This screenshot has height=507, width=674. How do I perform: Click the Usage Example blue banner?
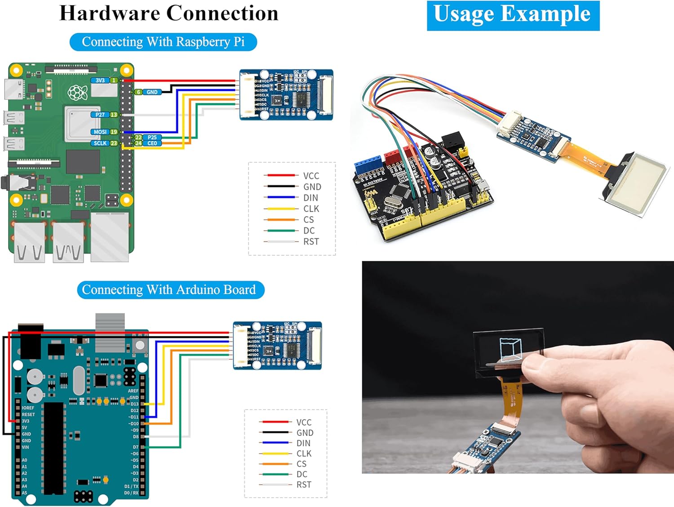coord(513,15)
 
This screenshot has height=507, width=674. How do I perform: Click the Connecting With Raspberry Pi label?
coord(163,42)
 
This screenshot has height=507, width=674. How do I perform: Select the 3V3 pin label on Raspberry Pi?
coord(100,80)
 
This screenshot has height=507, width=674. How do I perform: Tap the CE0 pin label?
coord(152,143)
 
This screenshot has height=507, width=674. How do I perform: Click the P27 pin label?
coord(100,115)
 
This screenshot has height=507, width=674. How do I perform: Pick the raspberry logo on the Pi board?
coord(77,93)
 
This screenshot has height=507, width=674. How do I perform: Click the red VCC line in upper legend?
coord(281,175)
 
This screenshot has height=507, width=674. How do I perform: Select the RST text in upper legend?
coord(311,241)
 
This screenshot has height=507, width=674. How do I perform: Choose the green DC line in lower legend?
coord(275,474)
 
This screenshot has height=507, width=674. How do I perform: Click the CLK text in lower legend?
coord(304,454)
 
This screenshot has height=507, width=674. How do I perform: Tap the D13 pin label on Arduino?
coord(134,404)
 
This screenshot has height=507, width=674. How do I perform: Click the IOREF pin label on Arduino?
coord(28,408)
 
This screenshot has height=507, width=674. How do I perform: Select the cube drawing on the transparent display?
coord(510,349)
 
